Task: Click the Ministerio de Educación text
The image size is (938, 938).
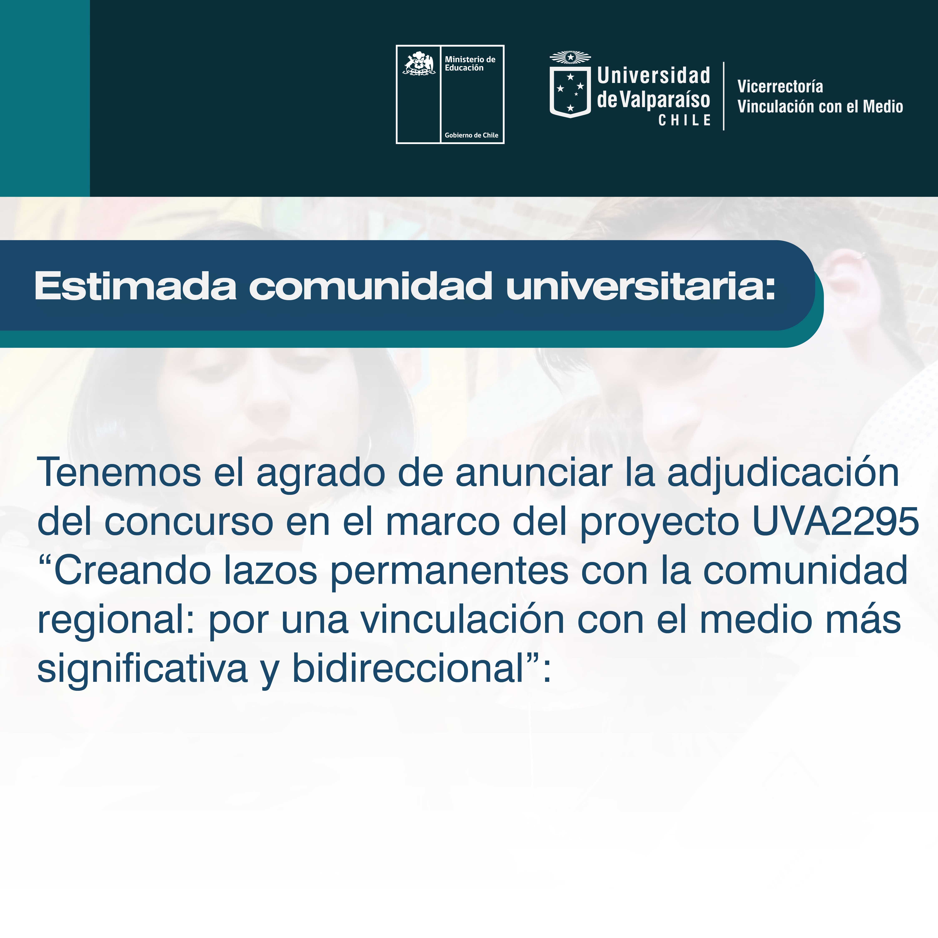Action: (470, 64)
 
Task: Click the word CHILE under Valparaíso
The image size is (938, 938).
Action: (685, 120)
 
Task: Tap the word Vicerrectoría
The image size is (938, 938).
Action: (780, 87)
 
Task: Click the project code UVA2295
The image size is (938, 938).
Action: (836, 522)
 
